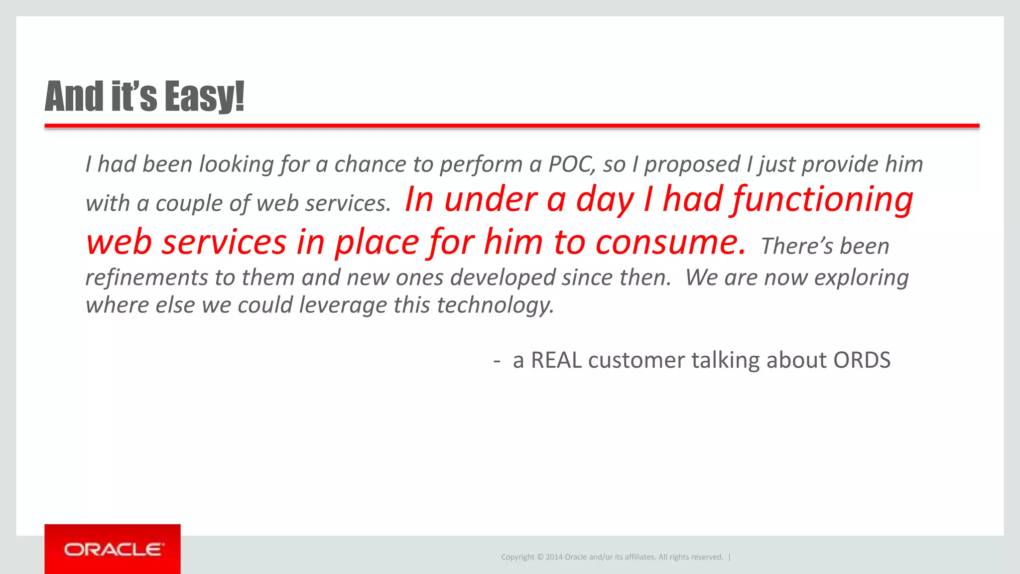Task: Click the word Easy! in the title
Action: coord(204,96)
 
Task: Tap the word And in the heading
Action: coord(74,96)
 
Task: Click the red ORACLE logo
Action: coord(113,549)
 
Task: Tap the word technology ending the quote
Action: coord(496,305)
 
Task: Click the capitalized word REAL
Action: coord(556,360)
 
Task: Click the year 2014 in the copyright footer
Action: coord(554,557)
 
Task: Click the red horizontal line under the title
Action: coord(512,126)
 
